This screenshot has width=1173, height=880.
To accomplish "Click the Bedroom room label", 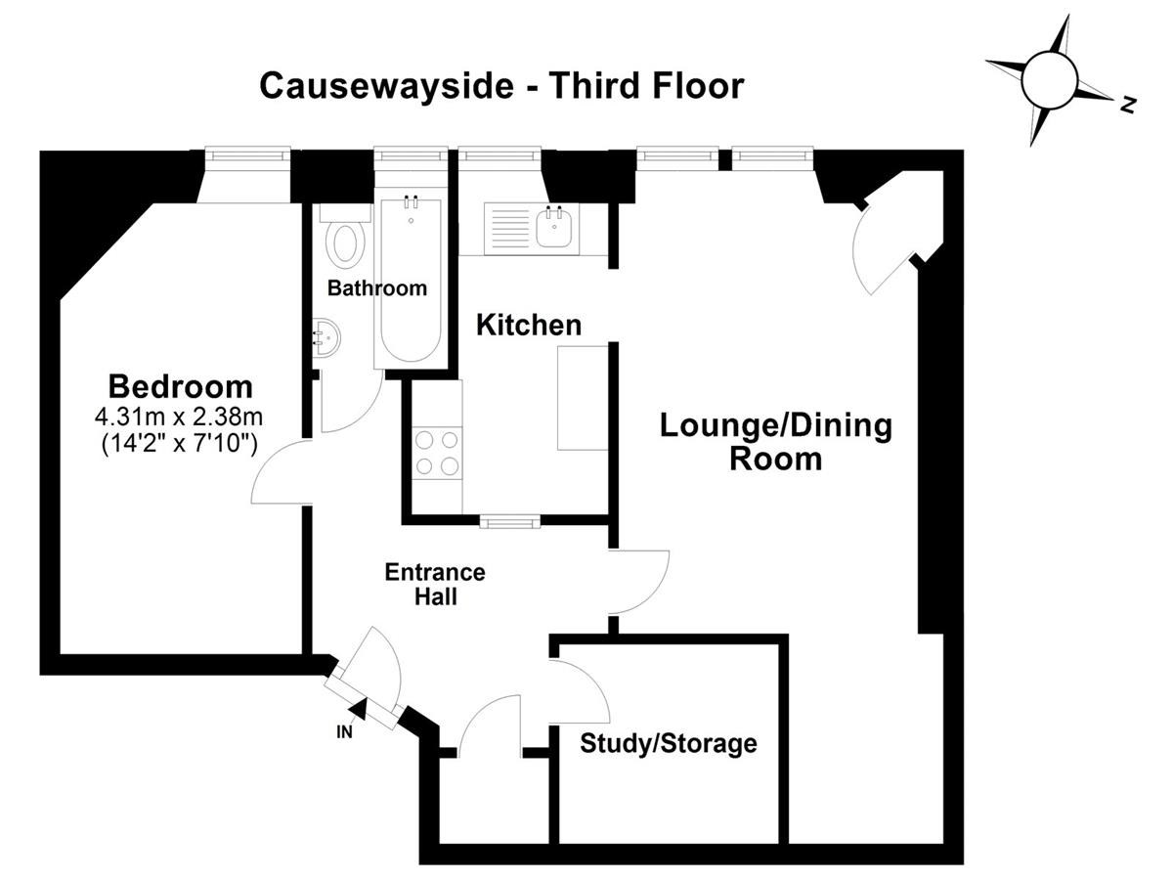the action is [x=181, y=387].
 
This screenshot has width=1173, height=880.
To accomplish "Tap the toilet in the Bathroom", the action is [x=345, y=239].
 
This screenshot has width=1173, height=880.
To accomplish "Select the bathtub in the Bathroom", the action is [x=411, y=278].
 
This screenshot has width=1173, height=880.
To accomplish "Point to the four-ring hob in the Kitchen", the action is [x=437, y=453].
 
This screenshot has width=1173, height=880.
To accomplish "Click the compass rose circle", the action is [x=1050, y=79].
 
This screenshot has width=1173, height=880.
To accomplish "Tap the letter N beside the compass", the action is [x=1128, y=105].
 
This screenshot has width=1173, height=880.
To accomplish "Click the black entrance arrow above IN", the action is [x=358, y=709].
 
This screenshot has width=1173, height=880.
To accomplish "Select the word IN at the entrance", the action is [x=345, y=732].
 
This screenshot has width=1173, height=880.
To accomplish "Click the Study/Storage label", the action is [x=669, y=744].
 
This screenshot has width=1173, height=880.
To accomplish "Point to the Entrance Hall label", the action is [x=435, y=584].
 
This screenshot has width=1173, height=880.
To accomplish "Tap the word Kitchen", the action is [x=529, y=325].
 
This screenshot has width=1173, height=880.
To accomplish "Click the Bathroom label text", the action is [x=377, y=288].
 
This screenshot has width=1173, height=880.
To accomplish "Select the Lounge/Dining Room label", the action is [x=776, y=442].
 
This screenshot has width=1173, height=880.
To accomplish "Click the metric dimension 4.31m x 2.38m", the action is [x=179, y=417].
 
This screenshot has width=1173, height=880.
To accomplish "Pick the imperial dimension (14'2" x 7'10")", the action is [x=180, y=443].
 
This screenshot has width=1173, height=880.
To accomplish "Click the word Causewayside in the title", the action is [x=387, y=86].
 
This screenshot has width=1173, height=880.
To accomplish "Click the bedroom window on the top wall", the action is [x=247, y=154].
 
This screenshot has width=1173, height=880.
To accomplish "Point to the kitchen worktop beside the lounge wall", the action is [x=583, y=398].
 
